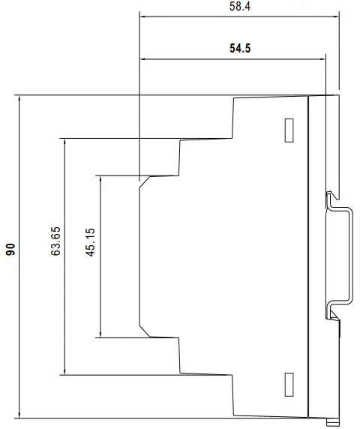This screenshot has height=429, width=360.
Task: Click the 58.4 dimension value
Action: [240, 6]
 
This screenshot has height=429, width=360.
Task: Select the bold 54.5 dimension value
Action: [240, 49]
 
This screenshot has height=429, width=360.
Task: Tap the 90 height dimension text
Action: [10, 249]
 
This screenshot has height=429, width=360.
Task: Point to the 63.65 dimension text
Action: [55, 241]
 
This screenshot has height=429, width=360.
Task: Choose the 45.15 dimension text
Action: [90, 242]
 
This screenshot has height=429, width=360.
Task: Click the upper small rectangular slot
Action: [289, 130]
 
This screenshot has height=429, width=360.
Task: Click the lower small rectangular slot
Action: [289, 385]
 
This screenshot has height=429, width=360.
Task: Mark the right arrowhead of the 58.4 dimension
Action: [336, 16]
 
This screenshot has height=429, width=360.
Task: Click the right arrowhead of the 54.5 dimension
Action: [322, 58]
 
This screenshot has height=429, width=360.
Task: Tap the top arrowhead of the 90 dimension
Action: [19, 98]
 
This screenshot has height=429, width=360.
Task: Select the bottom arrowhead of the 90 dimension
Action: [19, 415]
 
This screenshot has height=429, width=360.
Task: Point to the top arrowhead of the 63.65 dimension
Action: [64, 142]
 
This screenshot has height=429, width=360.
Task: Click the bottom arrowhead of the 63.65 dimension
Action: [64, 371]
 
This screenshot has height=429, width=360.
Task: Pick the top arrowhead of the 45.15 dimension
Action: [100, 179]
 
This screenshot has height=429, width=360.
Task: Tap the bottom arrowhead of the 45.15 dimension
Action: [100, 334]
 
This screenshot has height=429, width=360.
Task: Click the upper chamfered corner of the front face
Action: [145, 182]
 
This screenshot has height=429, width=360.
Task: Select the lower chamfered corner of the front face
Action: [145, 331]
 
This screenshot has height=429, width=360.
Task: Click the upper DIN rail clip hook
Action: [331, 197]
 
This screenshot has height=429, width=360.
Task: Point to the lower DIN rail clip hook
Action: [332, 315]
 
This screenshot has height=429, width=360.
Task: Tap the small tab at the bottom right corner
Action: [334, 421]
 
